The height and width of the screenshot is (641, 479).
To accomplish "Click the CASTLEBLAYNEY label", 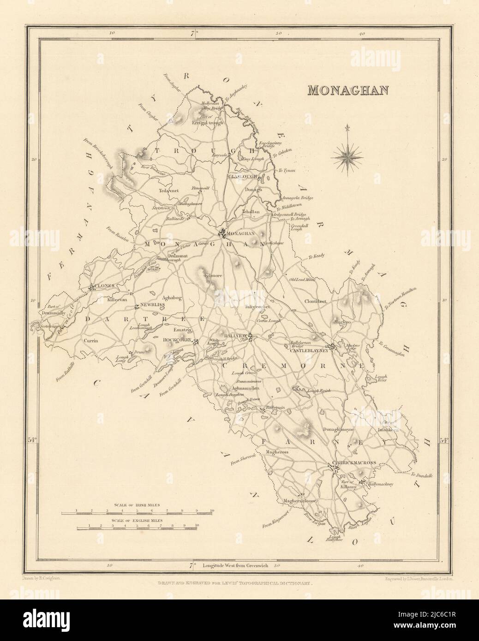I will coord(308,351).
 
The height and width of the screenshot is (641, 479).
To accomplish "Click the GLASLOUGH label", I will coord(241,177).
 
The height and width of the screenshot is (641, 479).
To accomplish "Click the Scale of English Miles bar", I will coord(137,526).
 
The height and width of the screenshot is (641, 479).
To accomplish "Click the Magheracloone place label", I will coord(300,501).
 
